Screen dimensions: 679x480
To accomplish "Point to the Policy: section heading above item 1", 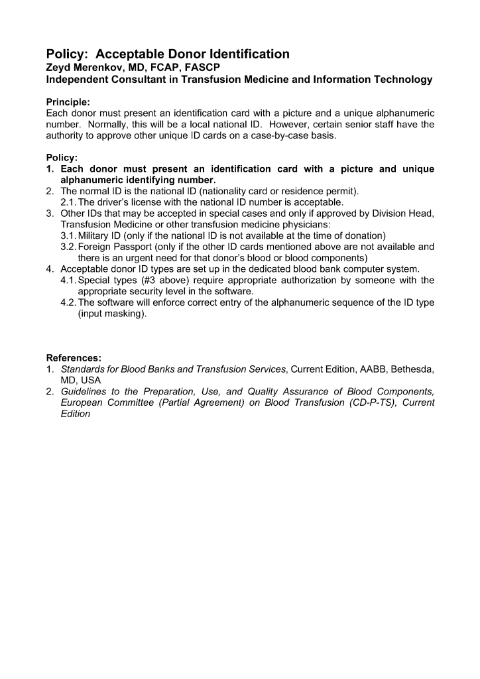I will click(x=62, y=158).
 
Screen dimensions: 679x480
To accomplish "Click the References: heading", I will click(x=74, y=359).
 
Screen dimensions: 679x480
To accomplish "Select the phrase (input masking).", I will click(x=112, y=314).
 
